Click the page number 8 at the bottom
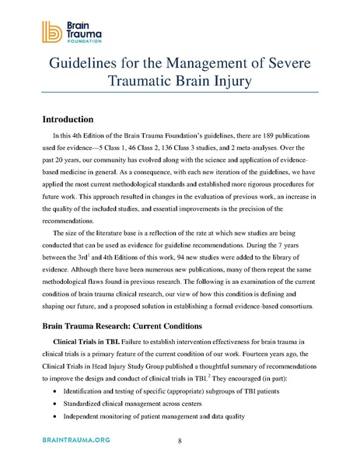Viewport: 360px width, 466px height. pyautogui.click(x=180, y=441)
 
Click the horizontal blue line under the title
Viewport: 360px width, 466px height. pyautogui.click(x=180, y=93)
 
